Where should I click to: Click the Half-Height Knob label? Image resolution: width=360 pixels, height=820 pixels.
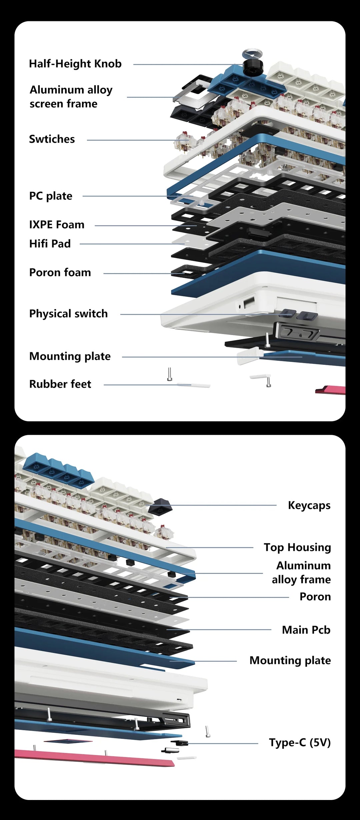click(75, 64)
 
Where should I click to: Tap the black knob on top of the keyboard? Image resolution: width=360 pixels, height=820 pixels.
click(253, 67)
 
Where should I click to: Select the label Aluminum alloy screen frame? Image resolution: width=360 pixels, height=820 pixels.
click(71, 97)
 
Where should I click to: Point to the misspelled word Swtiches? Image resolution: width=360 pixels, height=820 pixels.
click(52, 139)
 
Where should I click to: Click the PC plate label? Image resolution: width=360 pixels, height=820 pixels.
click(51, 196)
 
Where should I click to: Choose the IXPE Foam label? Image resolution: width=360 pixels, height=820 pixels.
click(57, 225)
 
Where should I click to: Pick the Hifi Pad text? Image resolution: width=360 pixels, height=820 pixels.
click(50, 244)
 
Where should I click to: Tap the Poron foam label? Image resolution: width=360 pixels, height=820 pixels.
click(60, 272)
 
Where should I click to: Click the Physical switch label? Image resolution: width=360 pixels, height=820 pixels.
click(68, 314)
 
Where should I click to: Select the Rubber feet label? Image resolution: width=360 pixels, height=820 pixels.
click(60, 384)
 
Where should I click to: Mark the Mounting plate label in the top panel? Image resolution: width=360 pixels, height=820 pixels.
click(70, 356)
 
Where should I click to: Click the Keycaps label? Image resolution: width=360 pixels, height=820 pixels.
click(309, 506)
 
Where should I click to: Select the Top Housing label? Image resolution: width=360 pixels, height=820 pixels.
click(297, 548)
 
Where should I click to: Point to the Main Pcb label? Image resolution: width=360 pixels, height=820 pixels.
click(306, 630)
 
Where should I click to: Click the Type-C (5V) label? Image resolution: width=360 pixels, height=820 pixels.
click(300, 743)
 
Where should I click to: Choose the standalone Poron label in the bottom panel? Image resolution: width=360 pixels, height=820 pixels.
click(315, 597)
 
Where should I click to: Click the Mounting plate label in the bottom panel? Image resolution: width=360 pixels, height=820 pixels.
click(290, 661)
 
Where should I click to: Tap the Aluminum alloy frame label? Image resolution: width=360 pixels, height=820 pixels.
click(301, 573)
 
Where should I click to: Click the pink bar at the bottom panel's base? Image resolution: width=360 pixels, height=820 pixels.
click(93, 758)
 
